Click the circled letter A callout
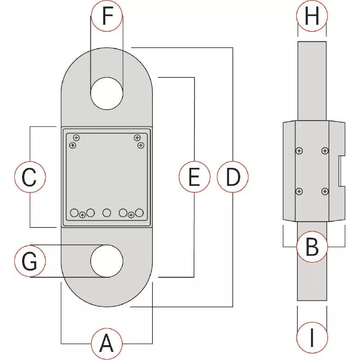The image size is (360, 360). [x=107, y=343]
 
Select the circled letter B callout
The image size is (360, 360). [x=312, y=247]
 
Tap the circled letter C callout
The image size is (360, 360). [x=29, y=178]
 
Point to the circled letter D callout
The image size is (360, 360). [x=233, y=178]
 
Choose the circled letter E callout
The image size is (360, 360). [x=194, y=178]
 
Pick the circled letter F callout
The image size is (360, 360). [x=106, y=16]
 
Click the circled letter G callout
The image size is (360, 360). [x=29, y=261]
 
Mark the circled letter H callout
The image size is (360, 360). [x=312, y=17]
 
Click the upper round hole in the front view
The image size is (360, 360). [x=107, y=93]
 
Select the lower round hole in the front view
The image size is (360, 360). [x=107, y=261]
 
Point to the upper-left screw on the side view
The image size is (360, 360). [x=299, y=151]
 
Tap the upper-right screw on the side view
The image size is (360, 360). [x=325, y=151]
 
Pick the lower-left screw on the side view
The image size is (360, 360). [x=299, y=192]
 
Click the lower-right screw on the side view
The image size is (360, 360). [x=325, y=192]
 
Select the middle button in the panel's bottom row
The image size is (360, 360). [x=107, y=212]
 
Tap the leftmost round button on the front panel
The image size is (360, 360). [x=75, y=212]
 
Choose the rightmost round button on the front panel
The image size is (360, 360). [x=139, y=212]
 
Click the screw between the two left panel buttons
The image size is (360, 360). [x=82, y=215]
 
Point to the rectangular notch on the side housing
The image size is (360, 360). [x=342, y=171]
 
